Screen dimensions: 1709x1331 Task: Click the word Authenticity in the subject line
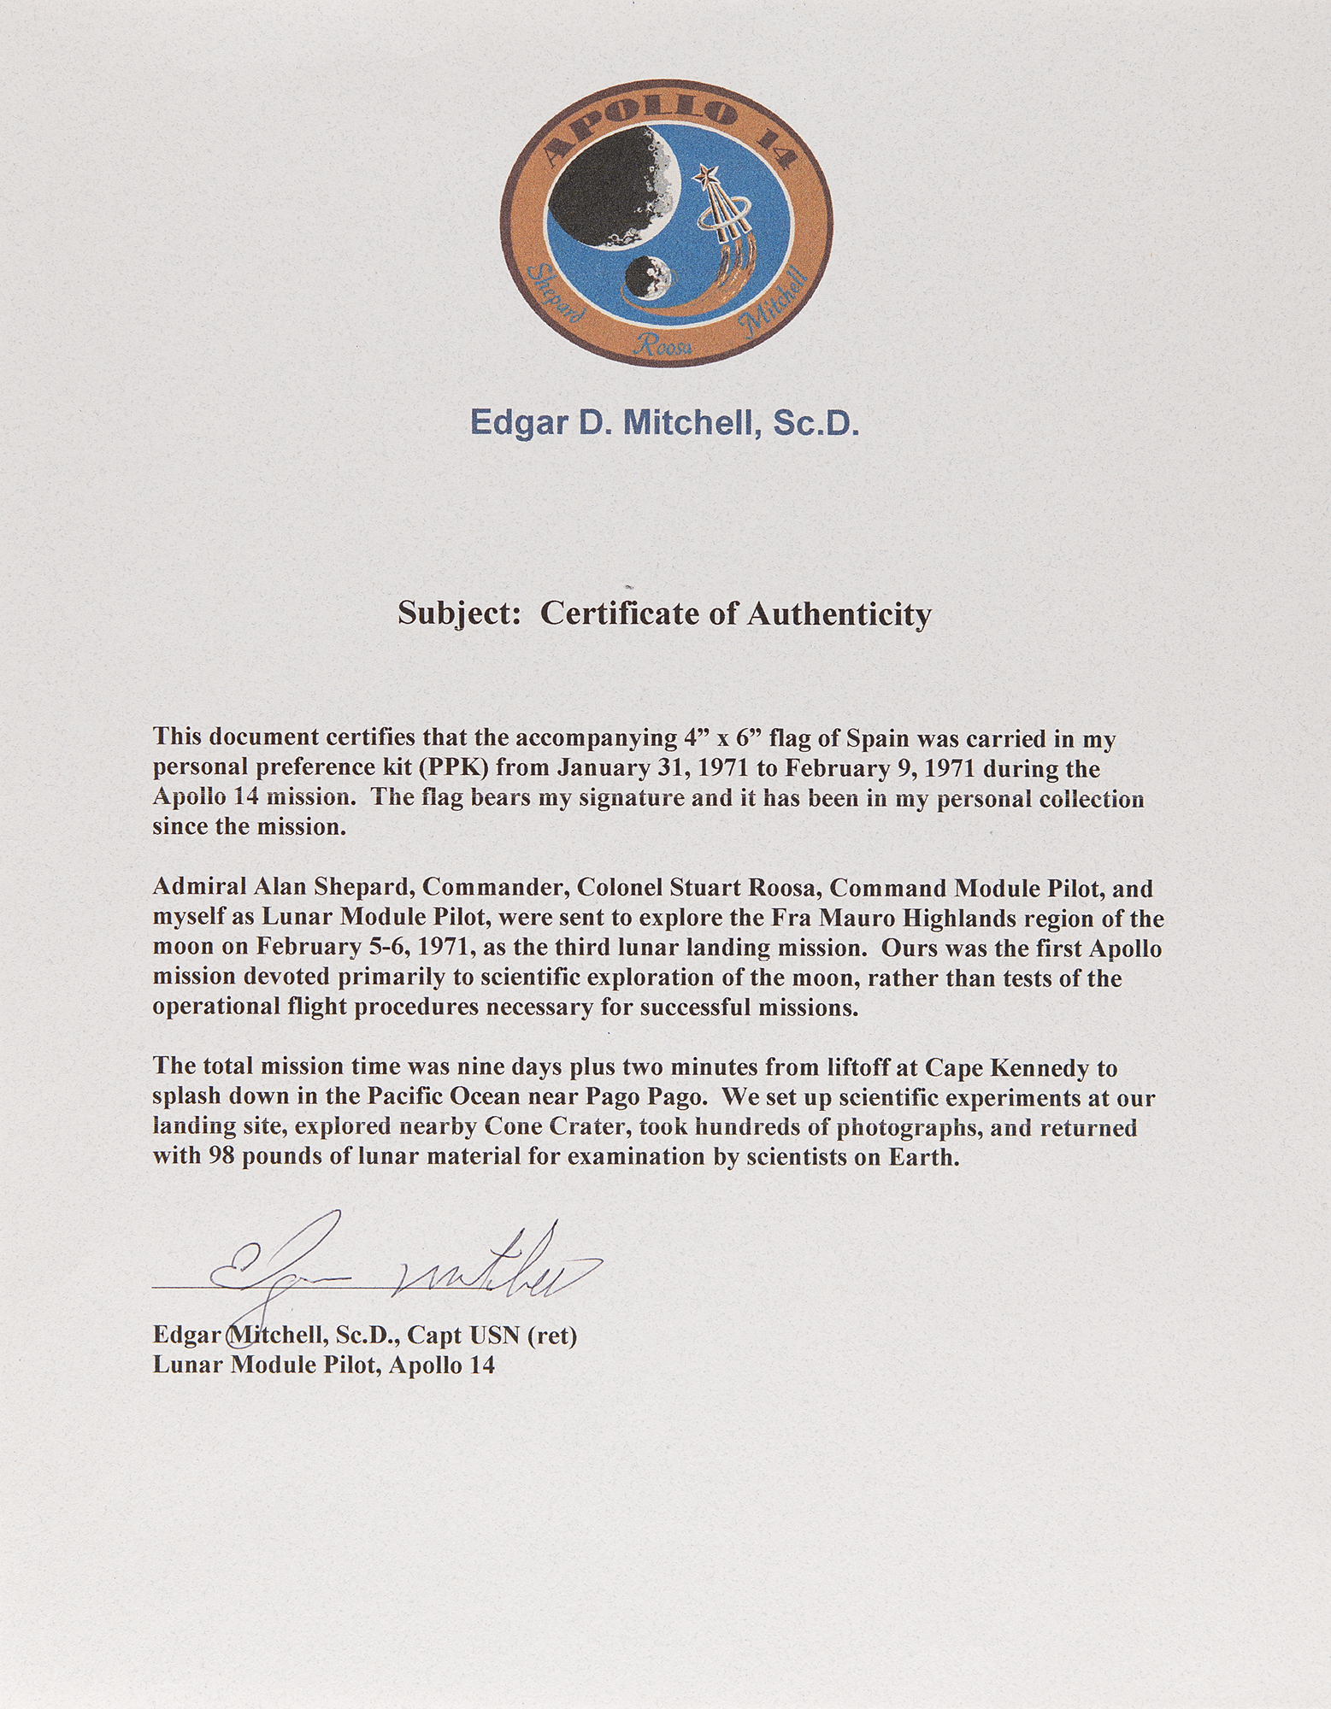[839, 614]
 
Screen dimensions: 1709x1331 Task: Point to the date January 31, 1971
[652, 768]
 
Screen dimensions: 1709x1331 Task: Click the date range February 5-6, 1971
[329, 948]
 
